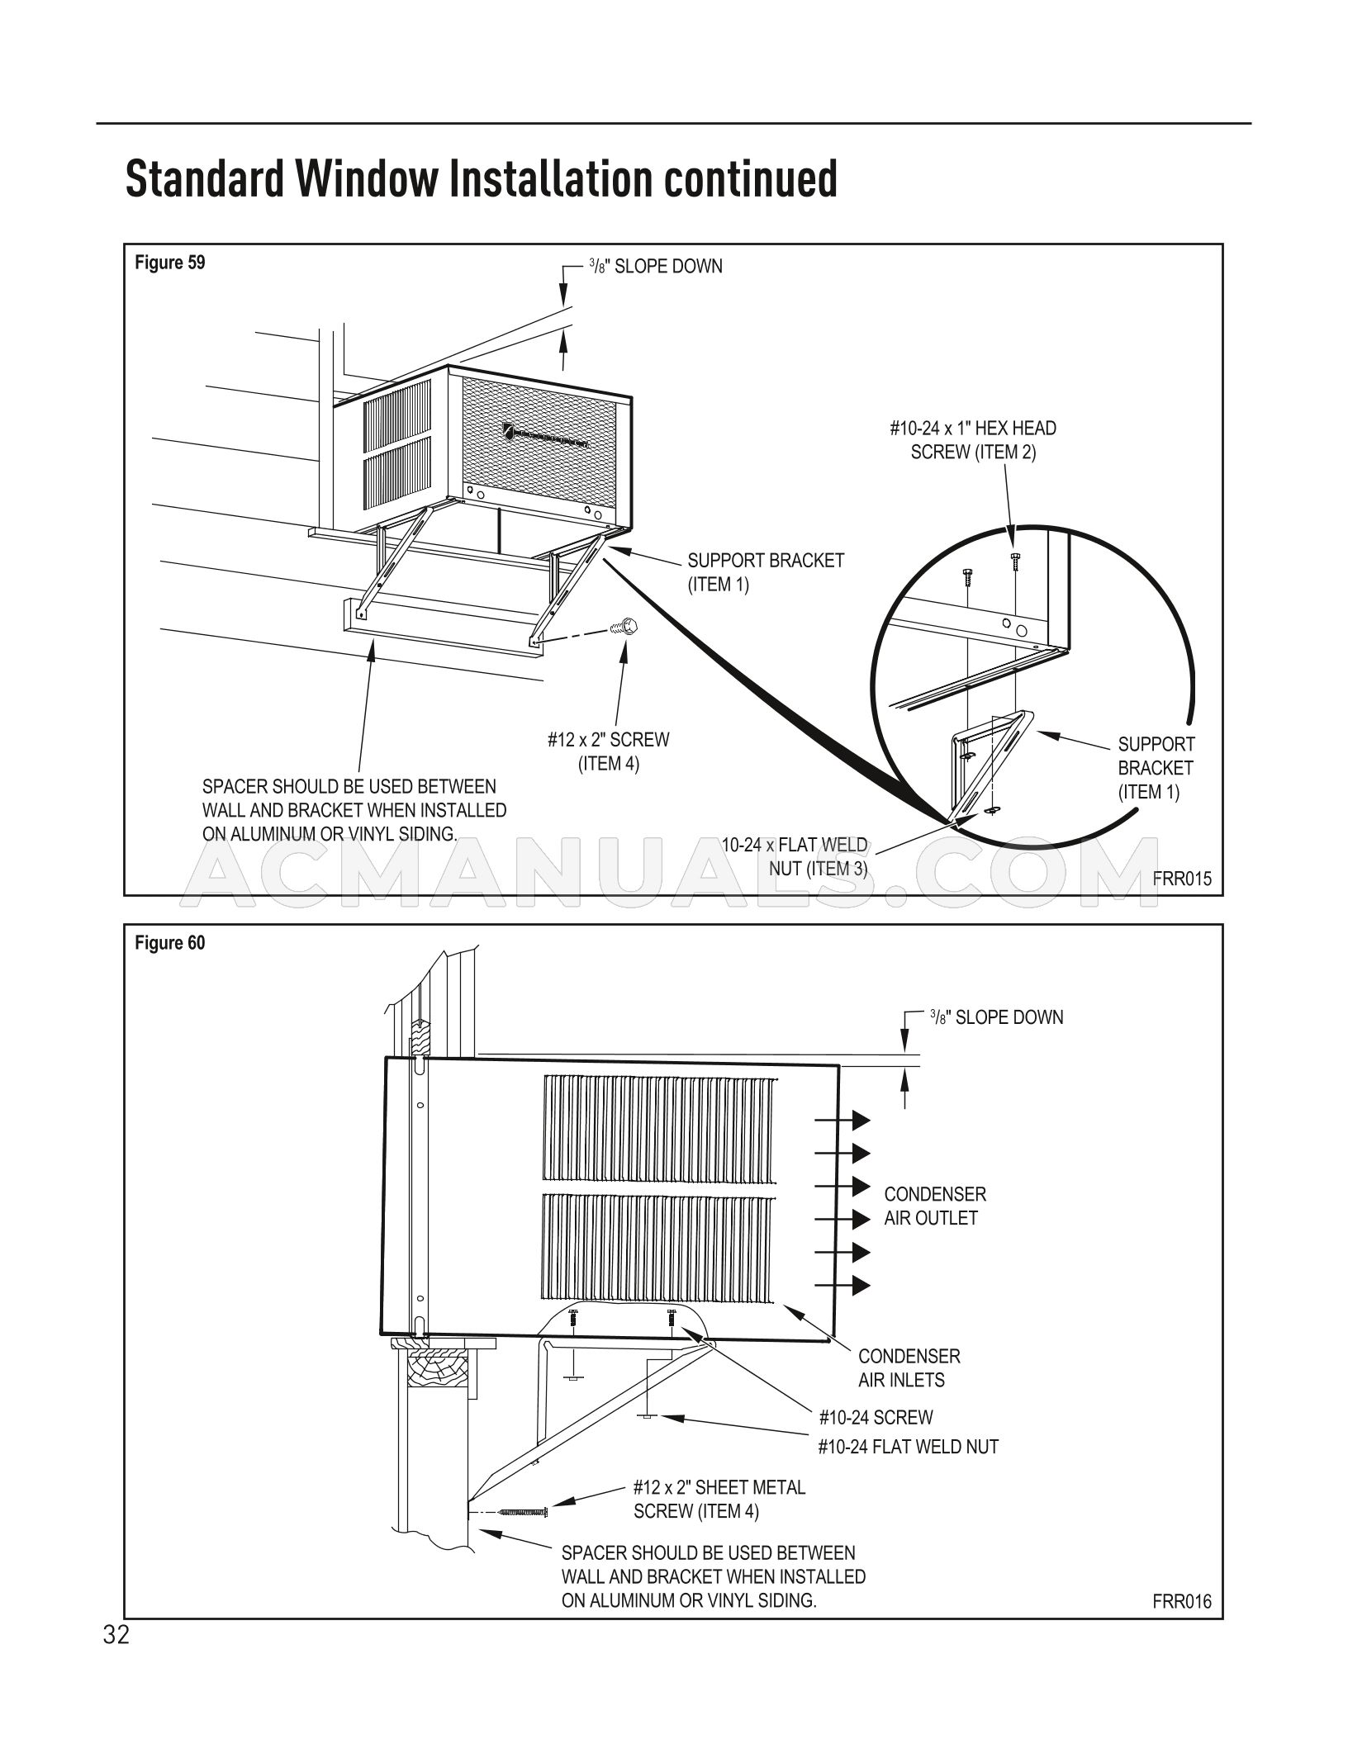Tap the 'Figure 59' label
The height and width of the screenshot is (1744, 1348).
[169, 263]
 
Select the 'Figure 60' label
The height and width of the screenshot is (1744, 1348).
[169, 943]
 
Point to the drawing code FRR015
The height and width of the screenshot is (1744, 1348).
[1182, 879]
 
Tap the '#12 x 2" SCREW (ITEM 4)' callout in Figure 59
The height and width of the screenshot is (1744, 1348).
[608, 751]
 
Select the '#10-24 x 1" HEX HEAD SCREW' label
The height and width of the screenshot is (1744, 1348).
[973, 440]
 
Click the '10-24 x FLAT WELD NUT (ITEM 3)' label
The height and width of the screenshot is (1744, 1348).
[795, 856]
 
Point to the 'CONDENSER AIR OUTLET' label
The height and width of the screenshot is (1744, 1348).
[934, 1206]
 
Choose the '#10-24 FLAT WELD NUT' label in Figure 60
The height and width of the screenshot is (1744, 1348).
[908, 1446]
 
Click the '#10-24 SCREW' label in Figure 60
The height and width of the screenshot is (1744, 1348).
[876, 1417]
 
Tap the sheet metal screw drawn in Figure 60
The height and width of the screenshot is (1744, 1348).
[524, 1511]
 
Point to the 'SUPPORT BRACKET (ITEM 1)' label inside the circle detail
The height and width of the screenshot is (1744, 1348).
[1156, 768]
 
